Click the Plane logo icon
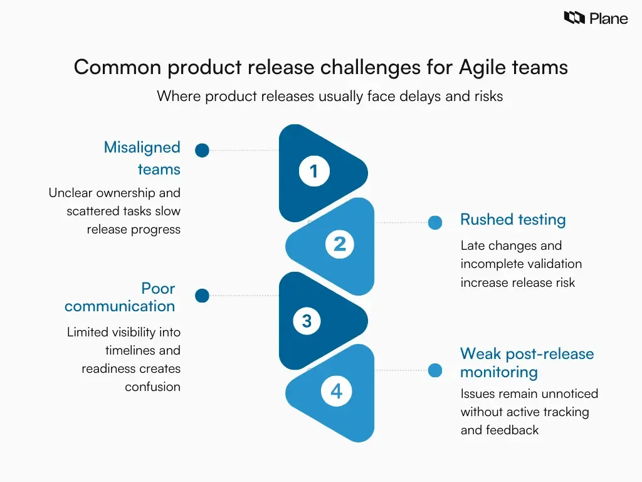(574, 18)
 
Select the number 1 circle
(313, 171)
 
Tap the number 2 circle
(339, 244)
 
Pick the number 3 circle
(307, 321)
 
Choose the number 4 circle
(336, 392)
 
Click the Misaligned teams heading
(142, 158)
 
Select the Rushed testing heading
(513, 220)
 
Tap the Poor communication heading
(120, 297)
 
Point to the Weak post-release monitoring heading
(527, 362)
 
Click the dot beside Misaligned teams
(202, 150)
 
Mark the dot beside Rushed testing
(435, 222)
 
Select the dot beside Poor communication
(202, 296)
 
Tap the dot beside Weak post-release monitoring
(435, 370)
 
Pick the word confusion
(152, 387)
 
